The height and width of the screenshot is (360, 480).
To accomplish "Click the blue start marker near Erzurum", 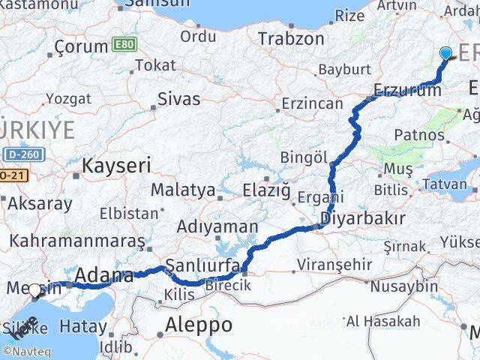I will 446,53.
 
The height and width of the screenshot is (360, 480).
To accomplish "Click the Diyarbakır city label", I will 362,219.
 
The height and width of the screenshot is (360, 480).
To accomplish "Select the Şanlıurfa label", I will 202,265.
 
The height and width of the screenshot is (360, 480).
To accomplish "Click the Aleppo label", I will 199,325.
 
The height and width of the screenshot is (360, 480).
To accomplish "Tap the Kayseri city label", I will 116,165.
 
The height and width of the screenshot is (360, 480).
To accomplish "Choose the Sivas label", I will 179,98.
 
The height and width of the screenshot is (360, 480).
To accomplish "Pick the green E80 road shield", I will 124,46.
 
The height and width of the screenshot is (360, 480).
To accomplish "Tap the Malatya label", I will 183,190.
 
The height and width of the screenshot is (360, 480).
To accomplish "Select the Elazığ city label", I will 266,190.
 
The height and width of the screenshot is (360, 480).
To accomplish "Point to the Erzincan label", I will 312,103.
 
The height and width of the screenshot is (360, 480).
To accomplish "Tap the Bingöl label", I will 304,157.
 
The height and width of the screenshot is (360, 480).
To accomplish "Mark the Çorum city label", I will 82,46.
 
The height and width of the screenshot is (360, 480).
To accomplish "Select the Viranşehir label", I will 334,264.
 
